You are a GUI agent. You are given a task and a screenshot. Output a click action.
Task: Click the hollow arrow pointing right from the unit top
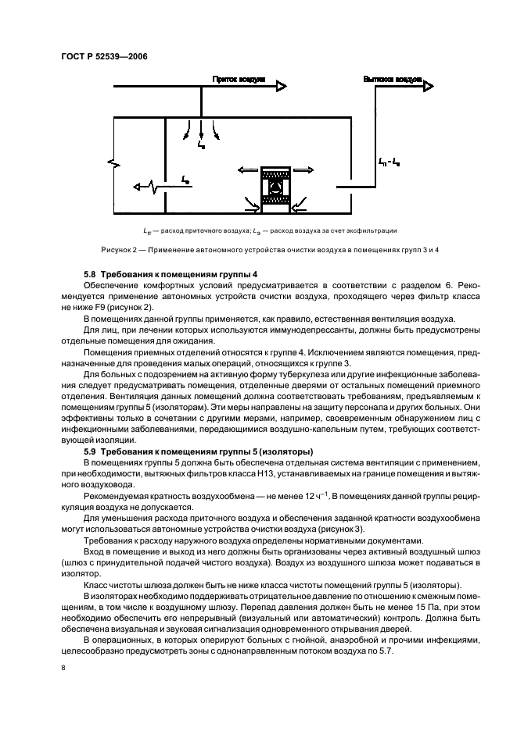point(305,170)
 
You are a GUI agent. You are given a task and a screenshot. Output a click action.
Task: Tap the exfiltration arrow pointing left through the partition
point(141,187)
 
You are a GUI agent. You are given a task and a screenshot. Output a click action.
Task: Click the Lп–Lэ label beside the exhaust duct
point(389,162)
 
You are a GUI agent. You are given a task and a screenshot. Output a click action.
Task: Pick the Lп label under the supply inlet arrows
point(202,145)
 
